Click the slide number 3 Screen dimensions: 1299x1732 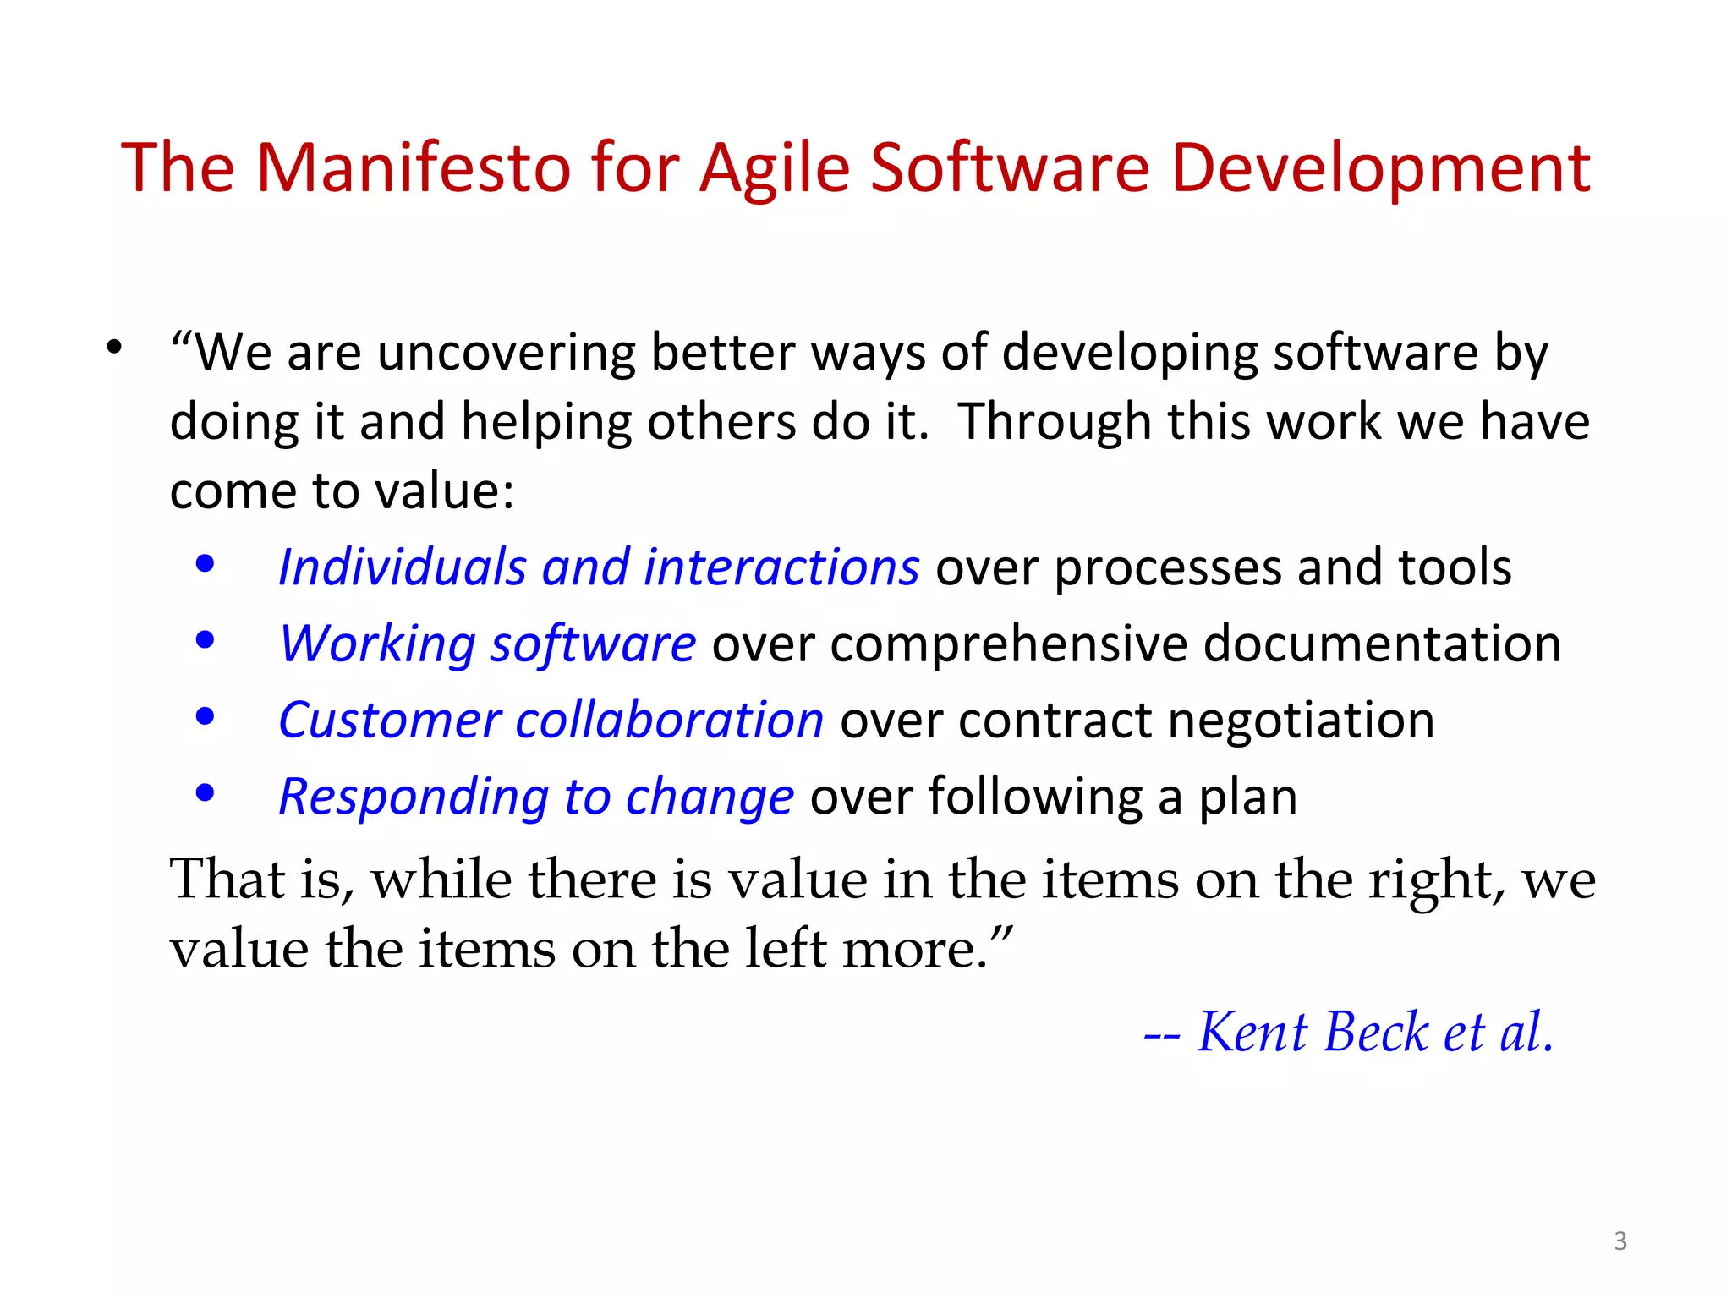coord(1620,1241)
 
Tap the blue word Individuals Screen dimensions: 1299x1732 coord(403,567)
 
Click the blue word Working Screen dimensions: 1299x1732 coord(378,644)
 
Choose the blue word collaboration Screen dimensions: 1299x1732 coord(669,721)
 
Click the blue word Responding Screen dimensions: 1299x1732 coord(414,797)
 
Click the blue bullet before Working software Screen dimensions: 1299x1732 coord(205,640)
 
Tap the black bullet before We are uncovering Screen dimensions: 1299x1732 coord(114,348)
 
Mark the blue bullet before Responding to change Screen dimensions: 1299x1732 coord(205,793)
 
